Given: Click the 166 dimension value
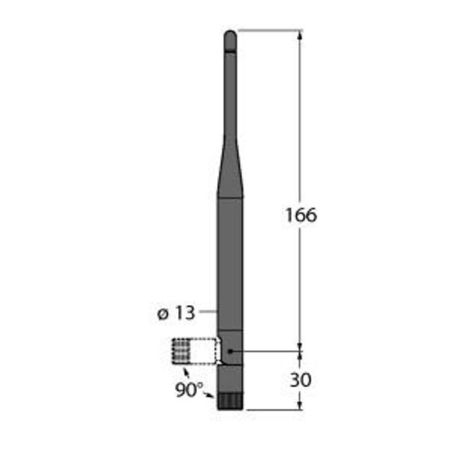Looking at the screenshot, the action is point(301,215).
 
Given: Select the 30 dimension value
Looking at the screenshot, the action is point(301,380).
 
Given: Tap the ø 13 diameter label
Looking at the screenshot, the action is point(176,313).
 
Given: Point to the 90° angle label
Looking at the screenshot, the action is point(189,389).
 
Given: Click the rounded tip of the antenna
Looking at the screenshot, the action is point(230,41).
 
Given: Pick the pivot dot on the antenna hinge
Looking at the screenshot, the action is point(230,351).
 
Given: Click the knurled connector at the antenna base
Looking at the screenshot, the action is point(230,401).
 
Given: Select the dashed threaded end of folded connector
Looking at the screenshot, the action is point(180,350).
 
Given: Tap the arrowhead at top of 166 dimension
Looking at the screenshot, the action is point(300,35).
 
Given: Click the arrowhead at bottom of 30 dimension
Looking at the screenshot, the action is point(300,405).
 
